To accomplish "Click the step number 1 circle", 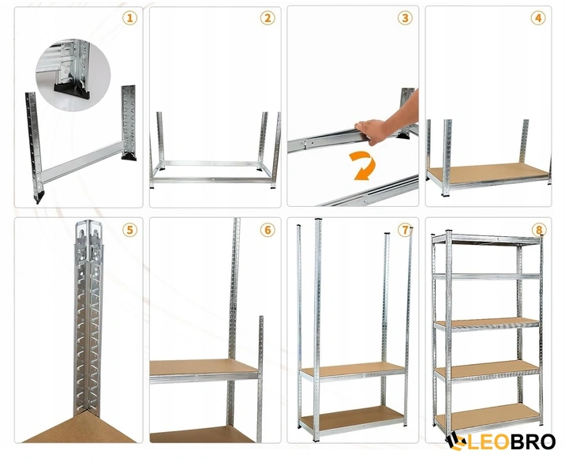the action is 130,17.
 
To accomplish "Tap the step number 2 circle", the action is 268,17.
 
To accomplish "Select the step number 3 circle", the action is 405,17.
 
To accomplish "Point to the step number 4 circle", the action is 538,17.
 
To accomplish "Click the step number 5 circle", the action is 130,230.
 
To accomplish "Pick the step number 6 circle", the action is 268,230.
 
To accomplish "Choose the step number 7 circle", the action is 405,230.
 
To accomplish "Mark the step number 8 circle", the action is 539,230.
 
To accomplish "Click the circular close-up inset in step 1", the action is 73,75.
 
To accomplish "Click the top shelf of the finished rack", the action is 487,240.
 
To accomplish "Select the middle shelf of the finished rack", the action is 487,323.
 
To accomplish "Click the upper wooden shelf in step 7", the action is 353,370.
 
